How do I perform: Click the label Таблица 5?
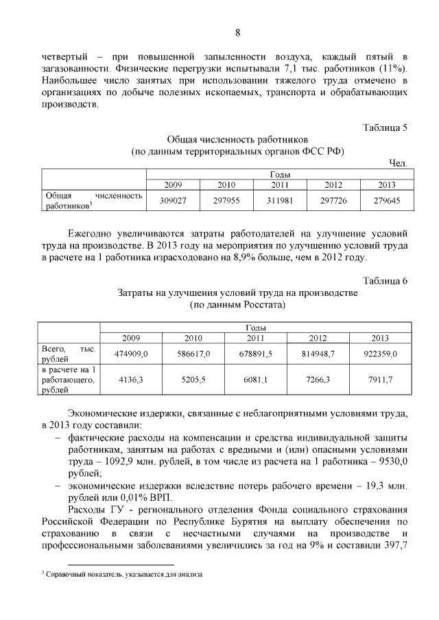point(385,127)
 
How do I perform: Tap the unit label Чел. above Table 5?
point(398,162)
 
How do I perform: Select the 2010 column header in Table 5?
point(226,185)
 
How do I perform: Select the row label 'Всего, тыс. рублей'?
point(68,353)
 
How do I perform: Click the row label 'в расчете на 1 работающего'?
point(68,380)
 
